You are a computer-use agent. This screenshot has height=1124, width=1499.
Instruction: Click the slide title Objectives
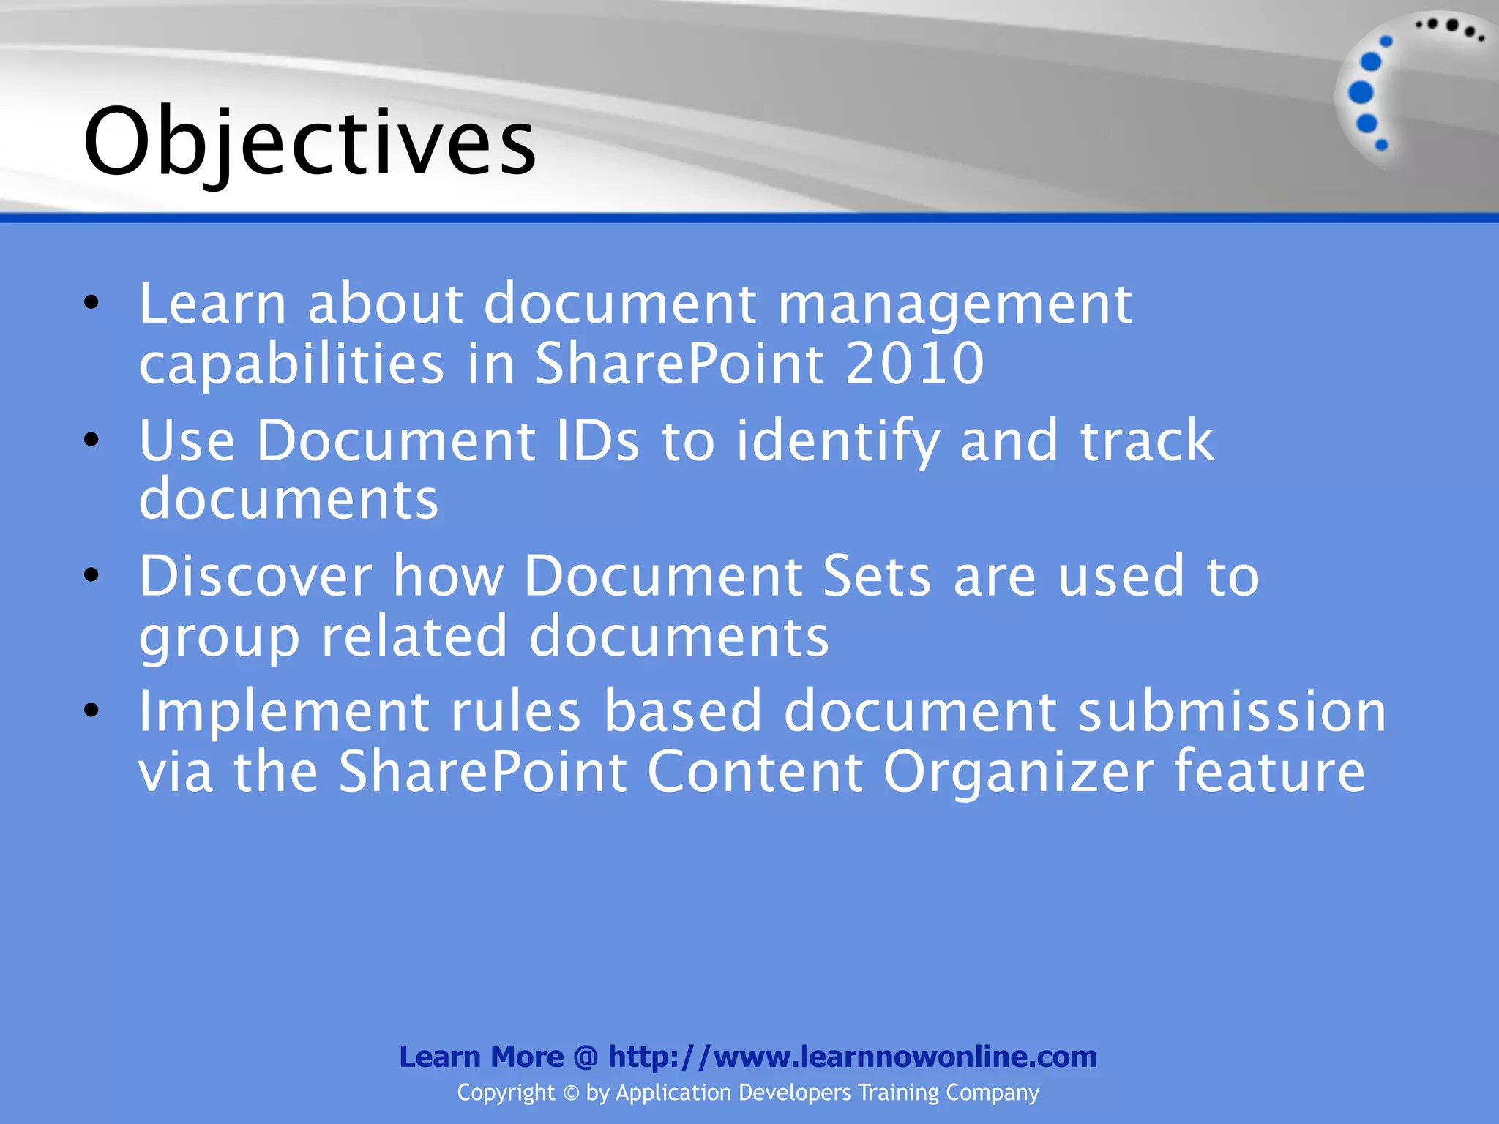click(x=310, y=142)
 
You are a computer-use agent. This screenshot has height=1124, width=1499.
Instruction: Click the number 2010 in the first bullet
click(x=914, y=364)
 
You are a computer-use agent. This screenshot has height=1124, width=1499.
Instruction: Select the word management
click(x=954, y=304)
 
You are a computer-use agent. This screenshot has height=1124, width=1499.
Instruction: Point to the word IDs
click(x=597, y=441)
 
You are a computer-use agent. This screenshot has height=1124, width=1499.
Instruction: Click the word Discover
click(x=255, y=576)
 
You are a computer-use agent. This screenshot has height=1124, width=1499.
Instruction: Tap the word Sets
click(x=877, y=576)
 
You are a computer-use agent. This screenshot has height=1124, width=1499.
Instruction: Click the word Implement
click(x=284, y=713)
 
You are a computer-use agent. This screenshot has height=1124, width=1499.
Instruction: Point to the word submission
click(x=1232, y=711)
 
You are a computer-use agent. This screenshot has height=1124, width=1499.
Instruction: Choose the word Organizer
click(x=1018, y=772)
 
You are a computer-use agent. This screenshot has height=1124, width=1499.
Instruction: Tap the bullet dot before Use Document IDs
click(x=91, y=440)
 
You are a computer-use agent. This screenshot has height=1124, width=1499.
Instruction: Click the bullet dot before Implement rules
click(x=91, y=710)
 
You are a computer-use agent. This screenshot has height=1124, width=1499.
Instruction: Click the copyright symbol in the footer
click(x=571, y=1093)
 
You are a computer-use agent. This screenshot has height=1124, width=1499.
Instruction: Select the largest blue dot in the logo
click(x=1360, y=93)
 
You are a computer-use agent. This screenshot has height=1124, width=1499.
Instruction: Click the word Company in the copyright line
click(x=992, y=1093)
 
